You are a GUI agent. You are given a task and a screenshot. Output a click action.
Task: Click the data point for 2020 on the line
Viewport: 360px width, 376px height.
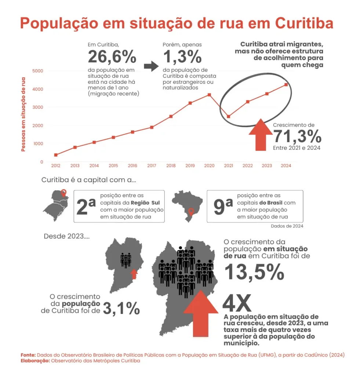tap(209, 95)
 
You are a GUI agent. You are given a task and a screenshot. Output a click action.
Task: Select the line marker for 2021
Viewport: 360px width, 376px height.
tap(228, 116)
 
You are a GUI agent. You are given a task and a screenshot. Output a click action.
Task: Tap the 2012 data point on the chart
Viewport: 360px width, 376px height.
tap(56, 155)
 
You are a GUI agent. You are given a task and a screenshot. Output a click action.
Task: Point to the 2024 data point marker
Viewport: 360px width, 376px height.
tap(286, 85)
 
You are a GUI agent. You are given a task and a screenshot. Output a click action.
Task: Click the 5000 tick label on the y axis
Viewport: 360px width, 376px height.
tap(38, 71)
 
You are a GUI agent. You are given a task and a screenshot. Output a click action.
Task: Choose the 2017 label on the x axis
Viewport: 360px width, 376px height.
tap(152, 166)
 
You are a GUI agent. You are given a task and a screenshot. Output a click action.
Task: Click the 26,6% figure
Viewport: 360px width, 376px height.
tap(112, 57)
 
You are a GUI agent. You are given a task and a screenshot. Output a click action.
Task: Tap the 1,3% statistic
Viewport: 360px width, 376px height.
tap(182, 57)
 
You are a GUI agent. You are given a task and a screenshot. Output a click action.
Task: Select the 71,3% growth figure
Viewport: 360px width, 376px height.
tap(297, 136)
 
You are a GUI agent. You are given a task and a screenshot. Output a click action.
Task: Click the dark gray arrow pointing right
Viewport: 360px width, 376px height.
tap(151, 66)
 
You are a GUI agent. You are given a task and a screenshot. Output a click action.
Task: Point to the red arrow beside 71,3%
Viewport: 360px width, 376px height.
tap(261, 134)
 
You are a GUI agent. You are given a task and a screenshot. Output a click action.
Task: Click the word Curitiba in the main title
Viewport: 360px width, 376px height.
tap(304, 23)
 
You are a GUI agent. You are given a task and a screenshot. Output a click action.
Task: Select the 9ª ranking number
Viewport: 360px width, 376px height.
tap(223, 206)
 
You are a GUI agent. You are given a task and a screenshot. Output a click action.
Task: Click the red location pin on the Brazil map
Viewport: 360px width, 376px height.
tap(191, 212)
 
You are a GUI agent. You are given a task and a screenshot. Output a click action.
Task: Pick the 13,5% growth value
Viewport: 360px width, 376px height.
tap(254, 272)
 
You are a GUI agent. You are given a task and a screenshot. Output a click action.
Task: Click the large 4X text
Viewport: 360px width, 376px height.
tap(237, 303)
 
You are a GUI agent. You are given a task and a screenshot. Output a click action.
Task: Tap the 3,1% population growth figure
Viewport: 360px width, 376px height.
tap(121, 308)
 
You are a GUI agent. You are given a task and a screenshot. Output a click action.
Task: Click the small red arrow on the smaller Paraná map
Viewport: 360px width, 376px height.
tap(134, 274)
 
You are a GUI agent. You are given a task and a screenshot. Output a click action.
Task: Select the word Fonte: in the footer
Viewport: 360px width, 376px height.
tap(28, 355)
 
